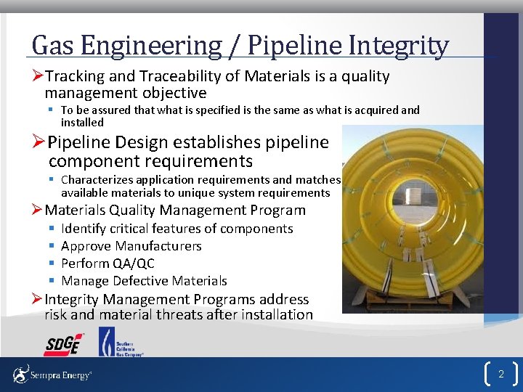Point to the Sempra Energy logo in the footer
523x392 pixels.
52,375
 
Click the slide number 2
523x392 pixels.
500,375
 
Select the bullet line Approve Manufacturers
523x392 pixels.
131,246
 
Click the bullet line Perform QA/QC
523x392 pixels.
108,264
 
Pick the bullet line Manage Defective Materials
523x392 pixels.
144,281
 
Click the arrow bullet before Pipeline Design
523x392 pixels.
38,142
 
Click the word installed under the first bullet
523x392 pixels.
82,123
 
